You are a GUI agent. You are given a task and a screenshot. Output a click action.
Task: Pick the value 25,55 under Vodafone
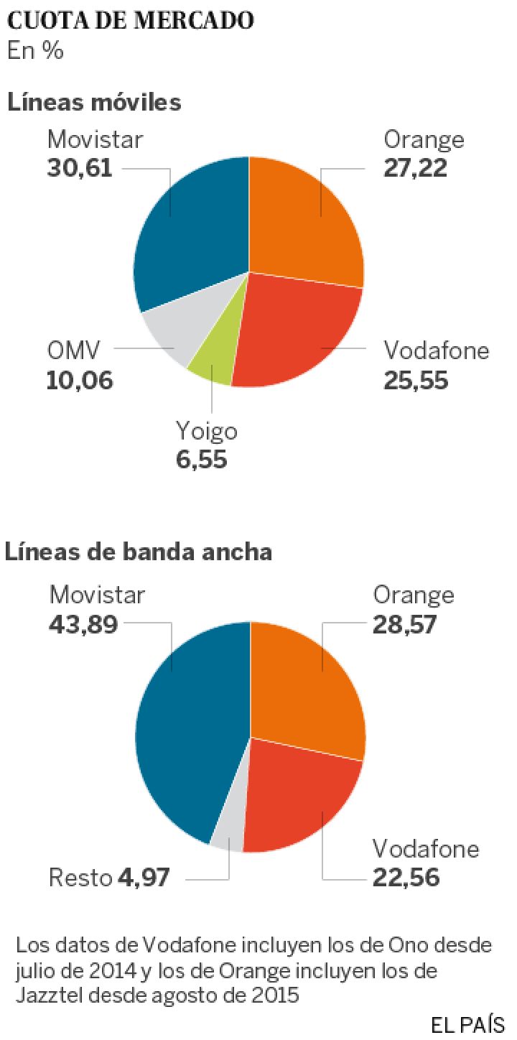[x=416, y=380]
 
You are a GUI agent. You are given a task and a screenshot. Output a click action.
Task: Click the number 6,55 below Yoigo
[x=201, y=460]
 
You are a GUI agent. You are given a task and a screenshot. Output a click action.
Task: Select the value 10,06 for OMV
[x=80, y=380]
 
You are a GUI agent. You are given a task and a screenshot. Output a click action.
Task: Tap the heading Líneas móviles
[x=94, y=103]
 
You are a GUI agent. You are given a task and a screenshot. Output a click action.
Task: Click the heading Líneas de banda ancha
[x=139, y=552]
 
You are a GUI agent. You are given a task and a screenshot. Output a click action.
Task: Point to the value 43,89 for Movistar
[x=83, y=624]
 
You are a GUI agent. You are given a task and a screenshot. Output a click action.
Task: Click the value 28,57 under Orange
[x=404, y=624]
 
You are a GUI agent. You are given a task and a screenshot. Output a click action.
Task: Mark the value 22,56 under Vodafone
[x=406, y=878]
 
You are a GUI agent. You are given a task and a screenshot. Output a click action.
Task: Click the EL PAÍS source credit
[x=467, y=1024]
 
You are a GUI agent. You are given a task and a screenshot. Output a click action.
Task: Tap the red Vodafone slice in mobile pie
[x=294, y=330]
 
